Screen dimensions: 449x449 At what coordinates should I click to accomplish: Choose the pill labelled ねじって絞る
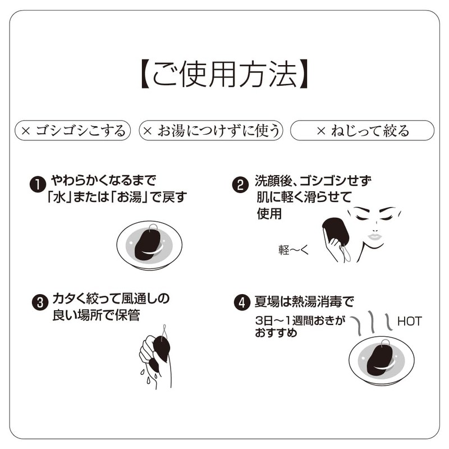click(362, 131)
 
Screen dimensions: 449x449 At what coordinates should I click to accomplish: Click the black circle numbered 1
click(37, 184)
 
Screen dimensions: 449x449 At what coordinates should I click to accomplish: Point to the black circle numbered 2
click(240, 185)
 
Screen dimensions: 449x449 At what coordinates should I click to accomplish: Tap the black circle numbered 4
click(240, 303)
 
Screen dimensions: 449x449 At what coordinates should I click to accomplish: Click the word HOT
click(409, 322)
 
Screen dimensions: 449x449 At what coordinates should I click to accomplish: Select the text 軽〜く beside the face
click(294, 249)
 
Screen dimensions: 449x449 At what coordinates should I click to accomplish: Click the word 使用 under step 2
click(269, 214)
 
